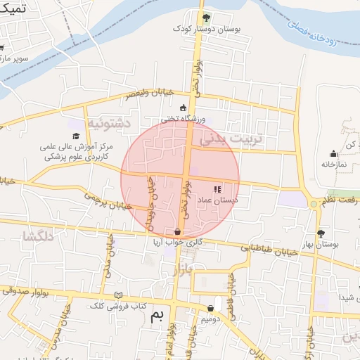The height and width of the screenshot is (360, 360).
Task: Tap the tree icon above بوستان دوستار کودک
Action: [x=205, y=18]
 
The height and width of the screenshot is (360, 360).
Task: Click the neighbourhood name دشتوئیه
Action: [x=109, y=123]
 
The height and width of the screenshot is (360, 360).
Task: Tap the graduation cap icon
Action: [x=75, y=135]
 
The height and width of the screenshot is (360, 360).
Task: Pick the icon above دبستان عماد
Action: [x=217, y=188]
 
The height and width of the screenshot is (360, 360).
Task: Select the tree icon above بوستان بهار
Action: [x=321, y=233]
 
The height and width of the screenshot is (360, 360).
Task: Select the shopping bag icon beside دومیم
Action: [x=211, y=308]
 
